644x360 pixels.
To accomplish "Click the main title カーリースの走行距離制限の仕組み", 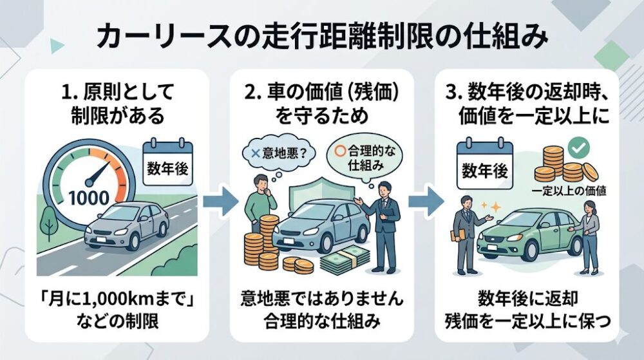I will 322,37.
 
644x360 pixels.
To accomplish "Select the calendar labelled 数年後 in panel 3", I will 485,166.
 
